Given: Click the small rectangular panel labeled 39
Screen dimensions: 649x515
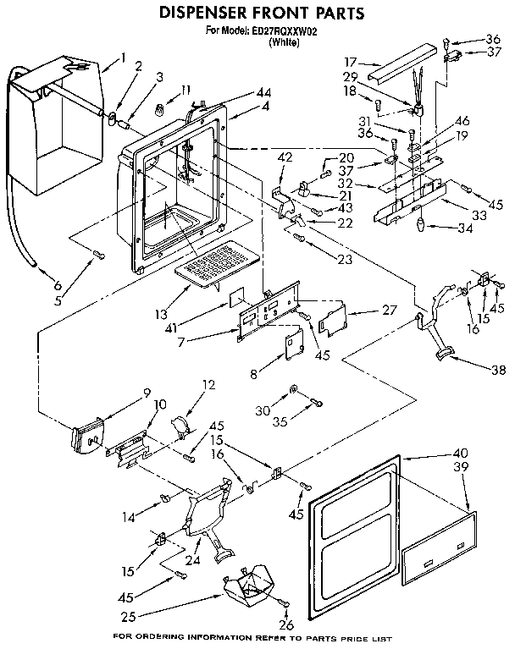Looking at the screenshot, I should pyautogui.click(x=438, y=548).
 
